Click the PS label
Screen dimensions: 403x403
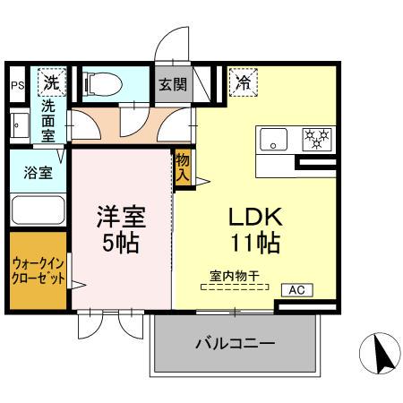click(x=17, y=86)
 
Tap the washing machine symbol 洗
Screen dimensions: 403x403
click(x=50, y=84)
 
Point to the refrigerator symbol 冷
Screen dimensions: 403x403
click(x=242, y=83)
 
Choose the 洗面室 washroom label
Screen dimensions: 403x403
click(x=48, y=120)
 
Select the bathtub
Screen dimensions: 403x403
click(x=37, y=212)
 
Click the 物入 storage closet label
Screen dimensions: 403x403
click(x=183, y=167)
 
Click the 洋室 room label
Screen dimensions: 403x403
click(x=121, y=218)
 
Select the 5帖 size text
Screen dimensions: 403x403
click(x=121, y=244)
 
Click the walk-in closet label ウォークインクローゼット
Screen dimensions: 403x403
click(x=38, y=270)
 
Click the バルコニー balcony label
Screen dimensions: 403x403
click(x=235, y=344)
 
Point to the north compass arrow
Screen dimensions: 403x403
click(x=376, y=356)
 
